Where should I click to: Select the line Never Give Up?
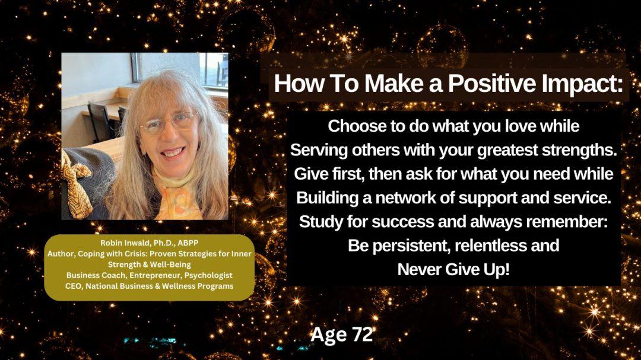[x=453, y=270]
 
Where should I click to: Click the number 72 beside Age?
[x=362, y=334]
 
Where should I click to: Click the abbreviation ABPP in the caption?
[x=188, y=243]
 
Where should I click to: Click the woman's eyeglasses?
[x=169, y=123]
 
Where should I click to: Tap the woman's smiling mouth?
[x=173, y=154]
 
